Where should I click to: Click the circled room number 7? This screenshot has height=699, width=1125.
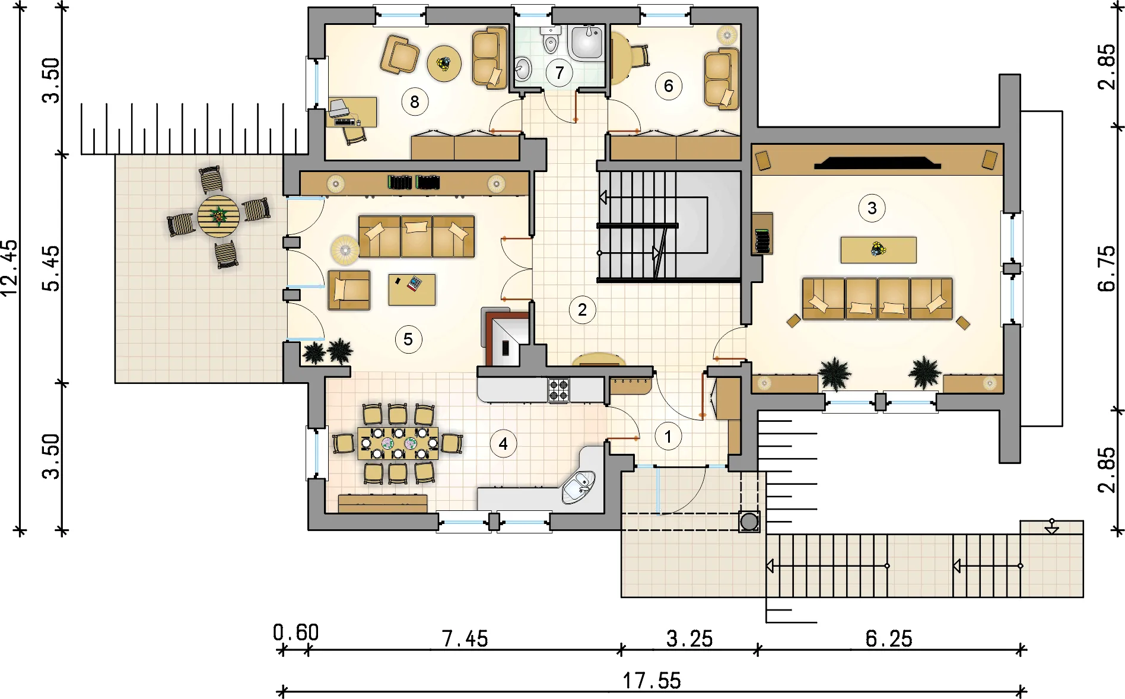click(x=560, y=73)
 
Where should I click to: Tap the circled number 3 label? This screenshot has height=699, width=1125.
click(x=872, y=208)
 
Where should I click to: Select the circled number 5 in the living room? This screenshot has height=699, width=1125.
click(x=408, y=339)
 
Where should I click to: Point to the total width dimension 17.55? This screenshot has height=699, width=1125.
click(x=652, y=681)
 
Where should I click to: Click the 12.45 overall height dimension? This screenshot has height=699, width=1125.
click(x=10, y=268)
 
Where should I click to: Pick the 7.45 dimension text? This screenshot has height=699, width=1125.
click(x=465, y=639)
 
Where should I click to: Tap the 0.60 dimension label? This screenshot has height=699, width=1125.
click(x=295, y=633)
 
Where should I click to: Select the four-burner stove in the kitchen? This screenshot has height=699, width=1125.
click(x=558, y=390)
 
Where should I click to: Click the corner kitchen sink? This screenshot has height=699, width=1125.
click(x=579, y=487)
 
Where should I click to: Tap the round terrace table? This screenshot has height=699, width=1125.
click(x=218, y=217)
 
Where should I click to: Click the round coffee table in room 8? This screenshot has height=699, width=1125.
click(x=444, y=63)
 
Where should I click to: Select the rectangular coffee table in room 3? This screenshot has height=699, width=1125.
click(x=878, y=250)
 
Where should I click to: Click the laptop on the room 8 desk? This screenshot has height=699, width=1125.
click(x=339, y=109)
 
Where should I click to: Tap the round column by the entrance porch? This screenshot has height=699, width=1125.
click(x=749, y=522)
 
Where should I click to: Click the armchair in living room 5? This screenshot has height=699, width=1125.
click(x=349, y=290)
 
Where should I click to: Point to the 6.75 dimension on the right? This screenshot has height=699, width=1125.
click(x=1107, y=268)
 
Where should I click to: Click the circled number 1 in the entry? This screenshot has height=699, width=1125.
click(x=668, y=437)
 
